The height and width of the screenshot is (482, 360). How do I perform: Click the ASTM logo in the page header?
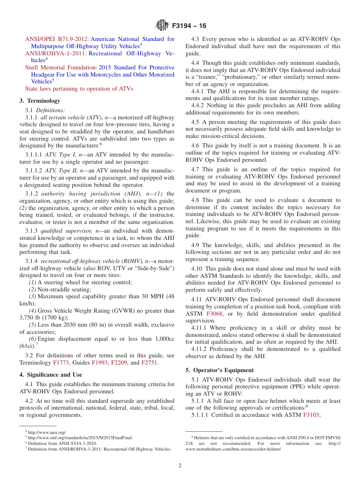point(162,26)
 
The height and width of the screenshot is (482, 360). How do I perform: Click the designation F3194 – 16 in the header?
point(189,26)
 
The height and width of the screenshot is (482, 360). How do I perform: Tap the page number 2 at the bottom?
point(180,466)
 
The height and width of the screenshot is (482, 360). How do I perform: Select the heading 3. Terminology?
point(40,101)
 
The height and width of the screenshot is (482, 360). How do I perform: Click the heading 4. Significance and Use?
point(51,375)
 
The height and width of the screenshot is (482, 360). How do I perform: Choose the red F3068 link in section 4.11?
point(214,314)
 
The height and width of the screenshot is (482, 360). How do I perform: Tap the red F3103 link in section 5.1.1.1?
point(311,415)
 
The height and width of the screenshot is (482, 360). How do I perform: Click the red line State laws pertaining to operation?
point(79,89)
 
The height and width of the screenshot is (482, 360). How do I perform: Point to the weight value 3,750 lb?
point(30,318)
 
